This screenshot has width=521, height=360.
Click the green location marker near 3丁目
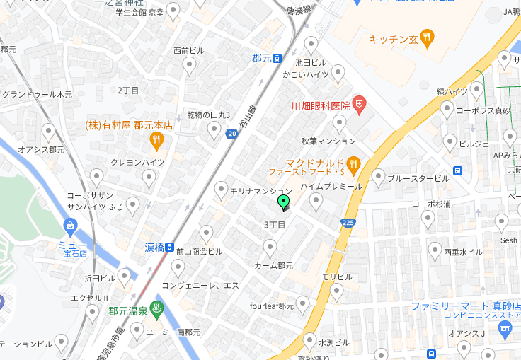[x=284, y=203]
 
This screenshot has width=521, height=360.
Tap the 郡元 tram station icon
[x=278, y=59]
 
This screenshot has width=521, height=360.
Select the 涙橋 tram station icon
[x=170, y=247]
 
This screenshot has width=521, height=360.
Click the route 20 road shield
[x=231, y=133]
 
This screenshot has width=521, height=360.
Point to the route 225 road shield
[x=348, y=223]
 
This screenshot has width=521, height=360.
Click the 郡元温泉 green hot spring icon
[x=156, y=310]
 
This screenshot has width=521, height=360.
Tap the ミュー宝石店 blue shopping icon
[x=70, y=227]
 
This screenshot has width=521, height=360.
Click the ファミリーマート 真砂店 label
[x=466, y=306]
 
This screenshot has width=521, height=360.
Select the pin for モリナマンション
[x=221, y=189]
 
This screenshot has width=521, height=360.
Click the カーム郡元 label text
[x=273, y=266]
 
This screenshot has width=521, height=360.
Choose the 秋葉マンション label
[x=328, y=141]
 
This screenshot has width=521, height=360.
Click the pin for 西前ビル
[x=189, y=66]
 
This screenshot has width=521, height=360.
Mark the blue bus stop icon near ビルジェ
[x=458, y=170]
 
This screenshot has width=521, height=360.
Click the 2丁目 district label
[x=128, y=91]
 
